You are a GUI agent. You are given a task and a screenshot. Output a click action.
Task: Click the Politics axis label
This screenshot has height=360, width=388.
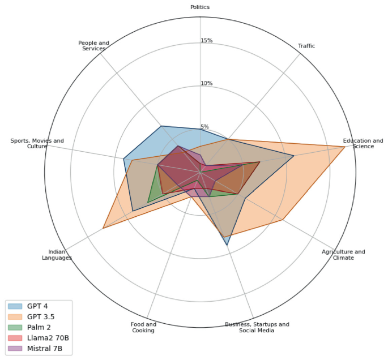tap(200, 7)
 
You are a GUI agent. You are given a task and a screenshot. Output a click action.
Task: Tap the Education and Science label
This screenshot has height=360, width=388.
tap(363, 143)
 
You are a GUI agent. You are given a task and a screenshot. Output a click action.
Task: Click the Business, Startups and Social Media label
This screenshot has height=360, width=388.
tap(257, 327)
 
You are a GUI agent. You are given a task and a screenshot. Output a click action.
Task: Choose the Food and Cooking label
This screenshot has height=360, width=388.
tap(143, 327)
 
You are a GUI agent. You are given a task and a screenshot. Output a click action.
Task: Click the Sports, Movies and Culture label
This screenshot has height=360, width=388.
tap(37, 143)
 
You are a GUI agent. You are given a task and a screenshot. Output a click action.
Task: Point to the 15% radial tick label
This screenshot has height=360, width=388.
tap(206, 41)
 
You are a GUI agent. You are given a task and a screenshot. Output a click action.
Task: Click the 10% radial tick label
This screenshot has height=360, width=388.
tap(206, 84)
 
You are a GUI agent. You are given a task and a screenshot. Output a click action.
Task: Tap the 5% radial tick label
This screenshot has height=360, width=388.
tap(204, 127)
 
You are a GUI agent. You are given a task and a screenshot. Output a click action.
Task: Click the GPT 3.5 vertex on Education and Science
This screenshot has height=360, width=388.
tap(345, 147)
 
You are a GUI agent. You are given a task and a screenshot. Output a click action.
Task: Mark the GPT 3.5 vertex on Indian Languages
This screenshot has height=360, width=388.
tap(103, 228)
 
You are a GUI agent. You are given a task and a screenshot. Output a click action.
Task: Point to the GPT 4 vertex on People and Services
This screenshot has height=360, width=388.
tap(161, 126)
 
